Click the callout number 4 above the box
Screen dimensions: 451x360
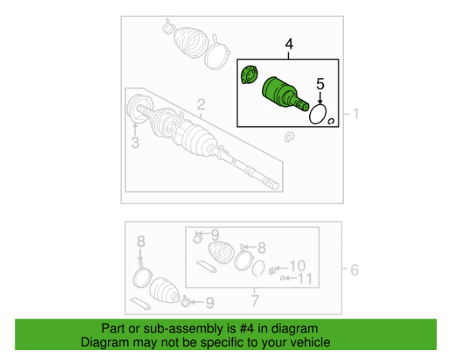point(289,44)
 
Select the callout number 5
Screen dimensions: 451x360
point(320,84)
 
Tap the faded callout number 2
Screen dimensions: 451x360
point(200,105)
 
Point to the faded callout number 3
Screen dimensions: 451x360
point(135,143)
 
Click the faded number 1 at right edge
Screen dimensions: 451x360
point(356,113)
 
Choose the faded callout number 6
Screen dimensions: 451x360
point(355,271)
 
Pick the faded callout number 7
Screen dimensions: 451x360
point(255,301)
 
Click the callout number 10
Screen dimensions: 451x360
point(298,266)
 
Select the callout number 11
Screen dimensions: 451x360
point(305,278)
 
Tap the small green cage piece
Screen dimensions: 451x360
point(249,75)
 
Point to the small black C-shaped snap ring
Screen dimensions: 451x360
point(331,121)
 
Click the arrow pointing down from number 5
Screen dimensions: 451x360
point(320,97)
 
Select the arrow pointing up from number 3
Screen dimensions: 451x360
point(135,129)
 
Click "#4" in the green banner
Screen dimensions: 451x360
point(247,328)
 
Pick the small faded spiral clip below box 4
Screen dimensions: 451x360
point(289,137)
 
